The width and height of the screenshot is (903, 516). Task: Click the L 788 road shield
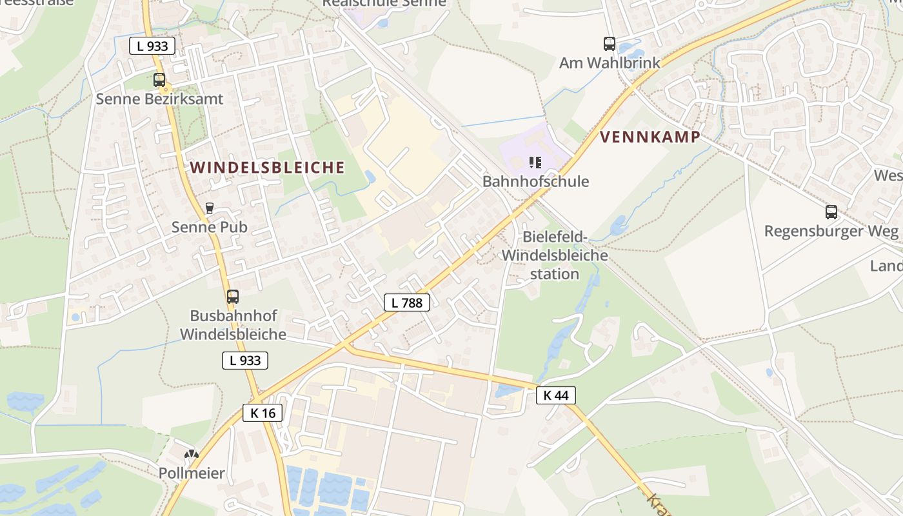click(406, 302)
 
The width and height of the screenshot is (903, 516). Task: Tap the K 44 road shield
click(555, 395)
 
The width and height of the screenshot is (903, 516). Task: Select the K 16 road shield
click(263, 413)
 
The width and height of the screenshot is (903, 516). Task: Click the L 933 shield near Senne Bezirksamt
click(152, 46)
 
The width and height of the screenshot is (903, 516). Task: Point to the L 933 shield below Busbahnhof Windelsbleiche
click(245, 361)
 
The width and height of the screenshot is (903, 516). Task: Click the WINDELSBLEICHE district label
click(268, 168)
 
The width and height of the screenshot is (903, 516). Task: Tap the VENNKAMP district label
click(650, 137)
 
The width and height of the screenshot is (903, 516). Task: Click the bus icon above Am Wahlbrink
click(610, 44)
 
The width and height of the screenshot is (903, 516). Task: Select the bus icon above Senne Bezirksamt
click(159, 80)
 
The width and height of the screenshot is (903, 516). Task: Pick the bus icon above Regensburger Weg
click(831, 212)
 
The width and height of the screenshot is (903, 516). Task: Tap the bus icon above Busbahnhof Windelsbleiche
click(233, 297)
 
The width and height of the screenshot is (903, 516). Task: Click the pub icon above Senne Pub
click(209, 208)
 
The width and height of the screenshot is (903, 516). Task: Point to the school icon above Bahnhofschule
click(535, 162)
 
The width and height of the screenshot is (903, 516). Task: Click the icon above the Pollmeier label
click(192, 455)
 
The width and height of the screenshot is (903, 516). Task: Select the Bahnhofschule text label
click(535, 181)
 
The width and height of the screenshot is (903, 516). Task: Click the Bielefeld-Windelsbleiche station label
click(555, 255)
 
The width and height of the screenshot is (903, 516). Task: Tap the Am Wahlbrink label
click(610, 63)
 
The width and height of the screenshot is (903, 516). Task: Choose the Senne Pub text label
click(209, 227)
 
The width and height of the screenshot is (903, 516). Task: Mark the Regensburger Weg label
click(831, 231)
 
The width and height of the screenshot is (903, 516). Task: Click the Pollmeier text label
click(192, 473)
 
